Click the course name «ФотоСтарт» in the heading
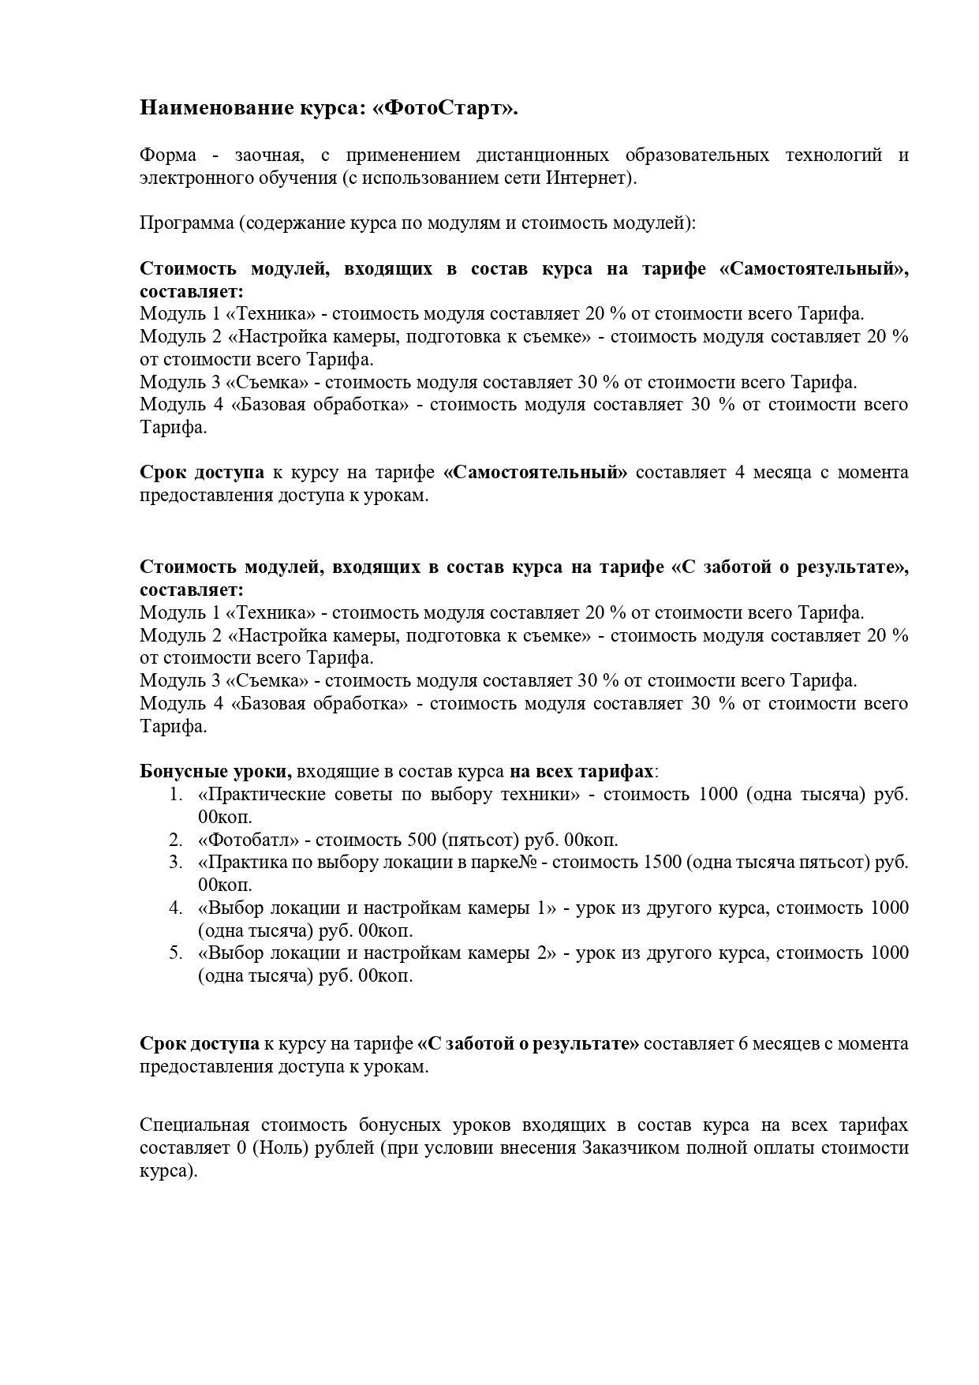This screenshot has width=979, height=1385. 446,108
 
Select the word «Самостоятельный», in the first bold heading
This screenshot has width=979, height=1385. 814,269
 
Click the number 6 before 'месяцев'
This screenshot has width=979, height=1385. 743,1044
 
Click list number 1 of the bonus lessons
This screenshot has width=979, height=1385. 176,794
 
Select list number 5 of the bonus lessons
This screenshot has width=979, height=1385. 176,953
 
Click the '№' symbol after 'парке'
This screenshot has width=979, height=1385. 529,863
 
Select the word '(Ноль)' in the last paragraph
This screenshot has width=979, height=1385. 282,1148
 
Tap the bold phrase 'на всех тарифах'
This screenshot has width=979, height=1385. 581,771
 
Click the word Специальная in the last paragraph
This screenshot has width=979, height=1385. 194,1125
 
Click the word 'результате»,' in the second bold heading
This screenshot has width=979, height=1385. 854,567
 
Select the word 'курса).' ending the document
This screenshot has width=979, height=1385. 168,1171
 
